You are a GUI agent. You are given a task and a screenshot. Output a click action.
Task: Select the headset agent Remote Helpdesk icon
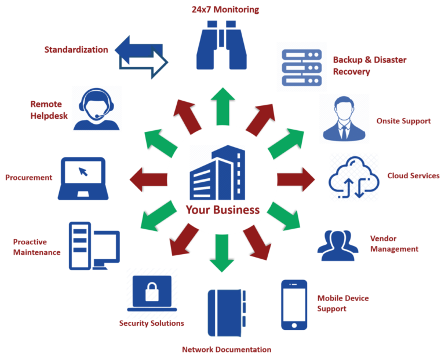click(x=97, y=108)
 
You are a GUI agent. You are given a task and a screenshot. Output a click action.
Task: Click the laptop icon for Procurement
click(x=83, y=178)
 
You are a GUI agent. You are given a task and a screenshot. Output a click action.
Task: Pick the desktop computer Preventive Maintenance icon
click(x=93, y=245)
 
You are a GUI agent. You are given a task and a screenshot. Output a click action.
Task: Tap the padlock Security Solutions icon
click(x=152, y=292)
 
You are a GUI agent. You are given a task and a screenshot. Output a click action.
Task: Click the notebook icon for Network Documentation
click(x=227, y=313)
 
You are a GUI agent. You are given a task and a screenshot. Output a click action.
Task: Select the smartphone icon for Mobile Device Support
click(x=294, y=304)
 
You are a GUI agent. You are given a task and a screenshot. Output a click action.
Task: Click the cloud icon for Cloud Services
click(x=354, y=177)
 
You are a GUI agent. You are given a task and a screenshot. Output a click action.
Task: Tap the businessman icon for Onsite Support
click(x=344, y=118)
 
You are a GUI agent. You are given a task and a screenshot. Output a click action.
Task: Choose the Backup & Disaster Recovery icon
click(x=301, y=67)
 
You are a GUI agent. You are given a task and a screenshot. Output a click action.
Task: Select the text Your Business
click(x=222, y=210)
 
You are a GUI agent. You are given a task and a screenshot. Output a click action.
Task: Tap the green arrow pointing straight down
click(x=222, y=255)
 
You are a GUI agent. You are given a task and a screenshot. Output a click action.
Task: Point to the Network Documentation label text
click(x=226, y=350)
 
